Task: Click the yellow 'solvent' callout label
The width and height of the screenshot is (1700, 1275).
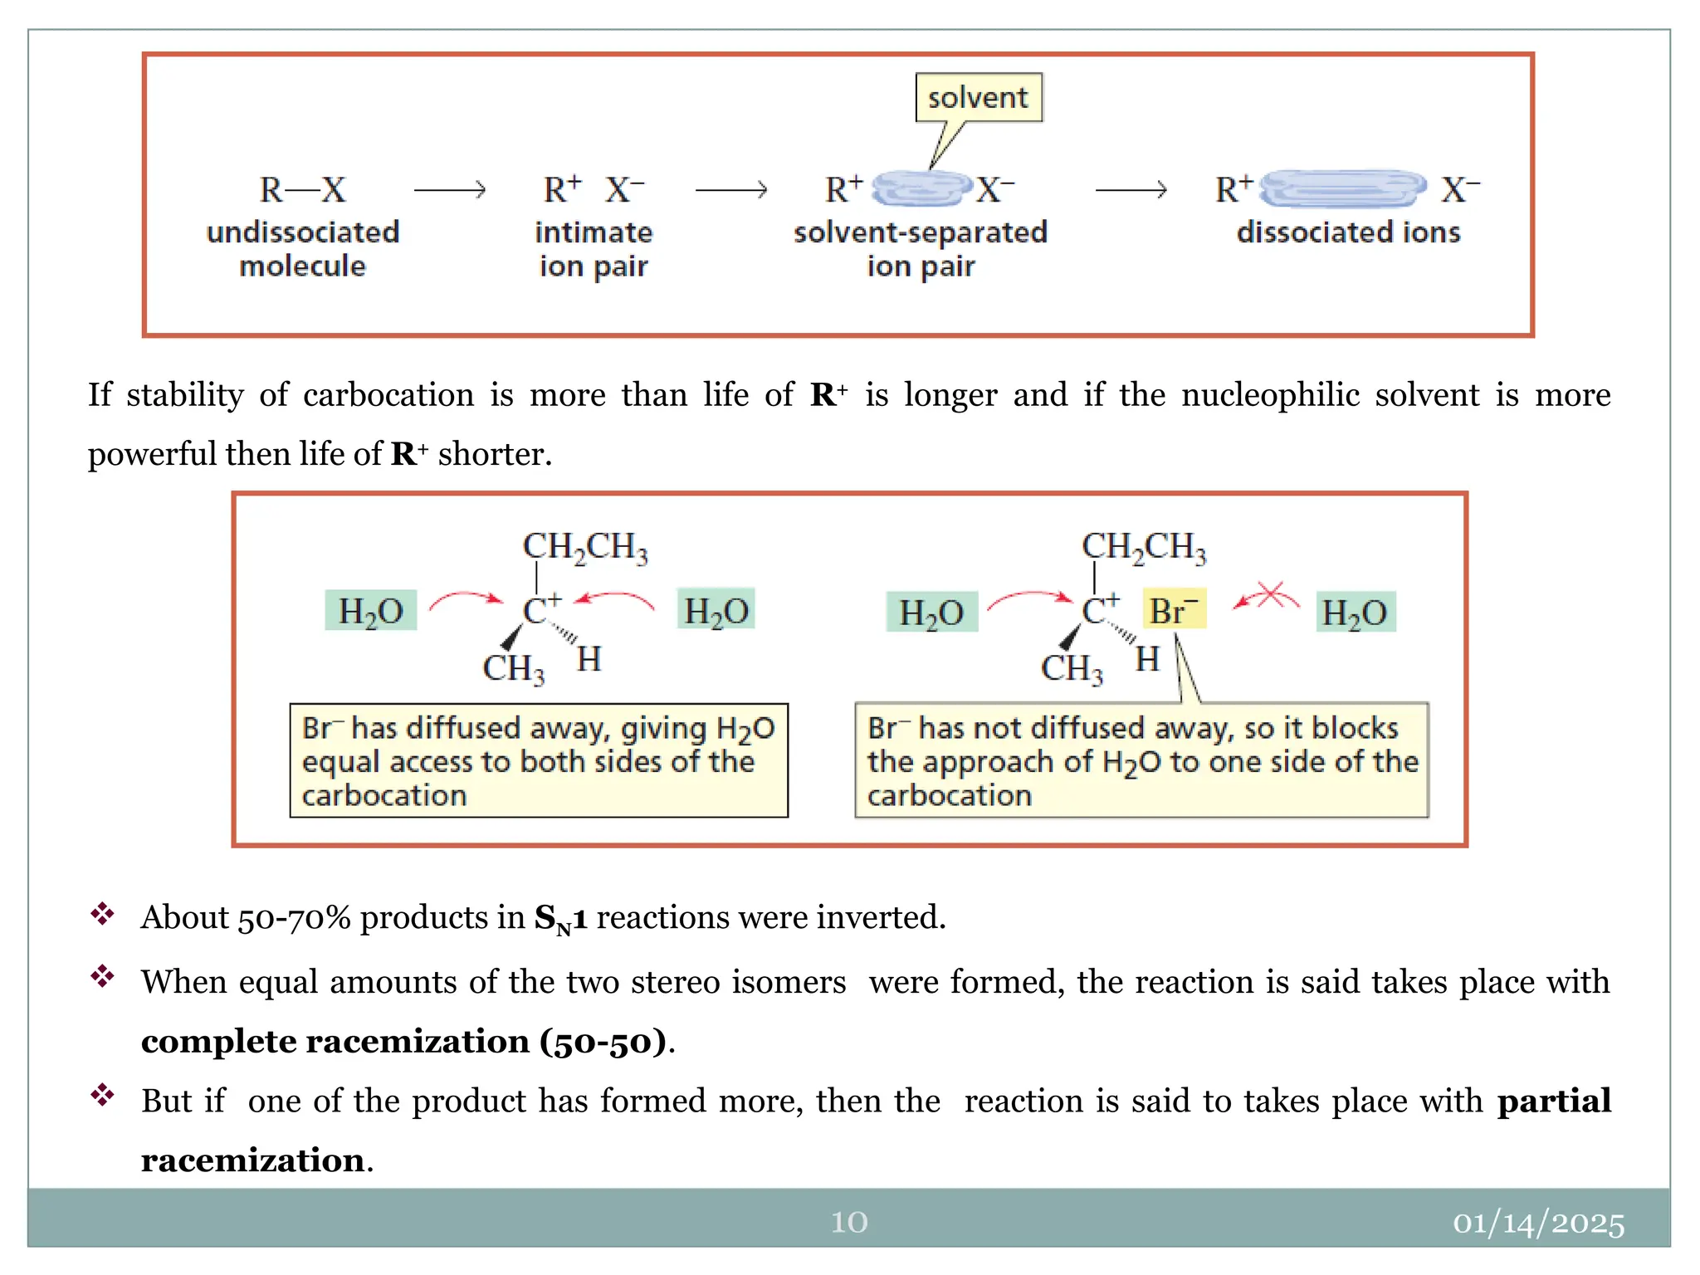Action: tap(978, 98)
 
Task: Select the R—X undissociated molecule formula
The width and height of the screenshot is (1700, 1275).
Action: tap(302, 190)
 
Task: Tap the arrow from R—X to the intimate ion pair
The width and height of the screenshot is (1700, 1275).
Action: tap(449, 190)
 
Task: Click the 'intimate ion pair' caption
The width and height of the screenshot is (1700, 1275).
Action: tap(594, 249)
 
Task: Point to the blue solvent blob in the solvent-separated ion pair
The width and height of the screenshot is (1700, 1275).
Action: tap(921, 188)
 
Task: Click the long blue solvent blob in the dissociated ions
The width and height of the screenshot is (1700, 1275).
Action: tap(1342, 189)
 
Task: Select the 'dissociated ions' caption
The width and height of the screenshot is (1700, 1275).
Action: tap(1348, 232)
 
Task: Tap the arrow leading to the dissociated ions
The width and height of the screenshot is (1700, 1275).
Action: tap(1131, 190)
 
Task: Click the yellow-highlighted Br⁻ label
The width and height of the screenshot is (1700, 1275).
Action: tap(1174, 611)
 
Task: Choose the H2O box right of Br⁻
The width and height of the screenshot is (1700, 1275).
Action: tap(1356, 613)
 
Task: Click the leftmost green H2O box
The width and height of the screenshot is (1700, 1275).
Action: tap(370, 611)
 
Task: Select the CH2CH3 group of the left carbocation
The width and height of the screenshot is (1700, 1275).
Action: tap(585, 547)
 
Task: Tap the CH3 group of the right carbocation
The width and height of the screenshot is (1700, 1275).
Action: tap(1072, 668)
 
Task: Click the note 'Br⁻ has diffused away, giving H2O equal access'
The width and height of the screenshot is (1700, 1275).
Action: tap(539, 761)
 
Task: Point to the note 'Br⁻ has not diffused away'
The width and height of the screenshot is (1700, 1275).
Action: tap(1141, 761)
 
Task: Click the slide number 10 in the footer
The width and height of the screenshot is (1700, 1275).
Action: tap(849, 1222)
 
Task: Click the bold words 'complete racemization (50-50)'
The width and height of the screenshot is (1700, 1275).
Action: tap(404, 1042)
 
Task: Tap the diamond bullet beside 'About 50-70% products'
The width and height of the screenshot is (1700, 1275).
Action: tap(103, 914)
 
